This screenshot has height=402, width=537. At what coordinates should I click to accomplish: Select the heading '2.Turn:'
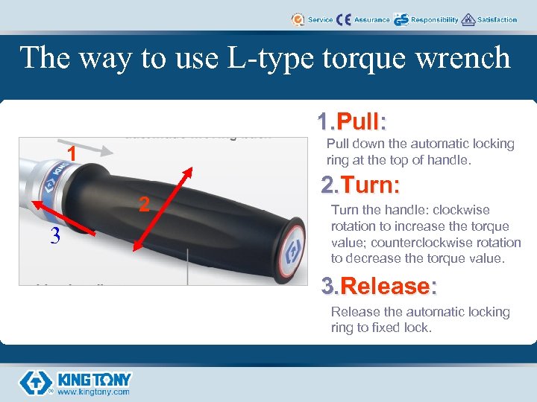360,185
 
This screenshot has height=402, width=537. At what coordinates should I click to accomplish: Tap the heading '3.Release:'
379,286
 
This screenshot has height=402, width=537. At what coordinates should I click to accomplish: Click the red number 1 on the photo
72,153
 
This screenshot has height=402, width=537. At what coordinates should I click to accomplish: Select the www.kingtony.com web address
94,392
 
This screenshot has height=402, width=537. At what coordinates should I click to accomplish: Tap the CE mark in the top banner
344,19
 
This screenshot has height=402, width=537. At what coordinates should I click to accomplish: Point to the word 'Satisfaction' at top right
497,20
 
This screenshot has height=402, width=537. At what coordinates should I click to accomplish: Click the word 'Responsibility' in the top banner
434,20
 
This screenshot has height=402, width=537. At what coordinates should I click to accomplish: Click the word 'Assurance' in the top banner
371,20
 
